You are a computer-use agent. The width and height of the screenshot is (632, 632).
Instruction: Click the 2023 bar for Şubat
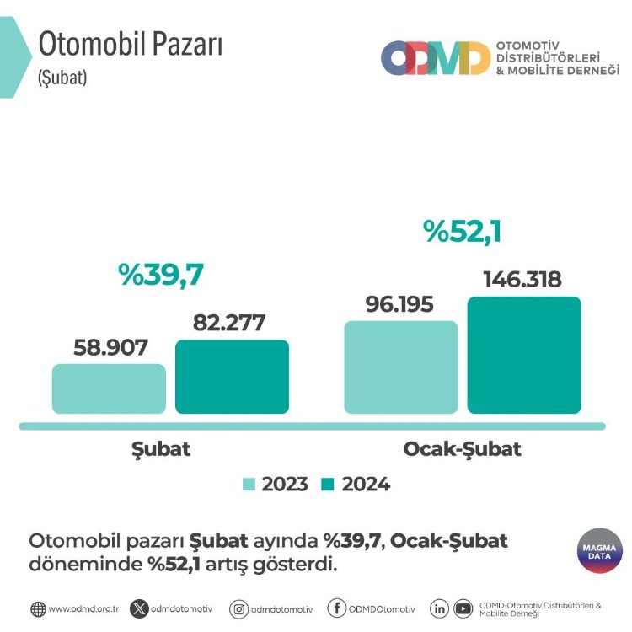coord(109,388)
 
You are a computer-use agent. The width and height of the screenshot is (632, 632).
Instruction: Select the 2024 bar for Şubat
coord(232,377)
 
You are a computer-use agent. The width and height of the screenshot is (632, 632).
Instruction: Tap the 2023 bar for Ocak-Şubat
coord(401,367)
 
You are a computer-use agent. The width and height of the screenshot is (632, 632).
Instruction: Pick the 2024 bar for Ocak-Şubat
coord(524,355)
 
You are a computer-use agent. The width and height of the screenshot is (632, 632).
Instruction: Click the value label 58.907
coord(110,347)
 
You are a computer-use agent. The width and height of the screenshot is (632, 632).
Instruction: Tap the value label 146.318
coord(522,280)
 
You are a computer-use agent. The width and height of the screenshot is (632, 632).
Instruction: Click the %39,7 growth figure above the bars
coord(162,275)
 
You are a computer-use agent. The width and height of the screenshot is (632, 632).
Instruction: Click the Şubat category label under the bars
coord(161,448)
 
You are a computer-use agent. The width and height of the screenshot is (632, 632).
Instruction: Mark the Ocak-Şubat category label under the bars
coord(462,448)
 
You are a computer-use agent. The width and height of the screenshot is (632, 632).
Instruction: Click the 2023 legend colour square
coord(249,485)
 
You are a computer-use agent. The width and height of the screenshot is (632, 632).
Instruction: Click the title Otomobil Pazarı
coord(131,45)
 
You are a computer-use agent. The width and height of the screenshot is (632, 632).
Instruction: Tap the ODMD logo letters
coord(435,58)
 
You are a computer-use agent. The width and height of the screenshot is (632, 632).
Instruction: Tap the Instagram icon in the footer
coord(238,608)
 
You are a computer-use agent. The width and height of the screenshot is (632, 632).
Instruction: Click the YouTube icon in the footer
coord(462,608)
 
